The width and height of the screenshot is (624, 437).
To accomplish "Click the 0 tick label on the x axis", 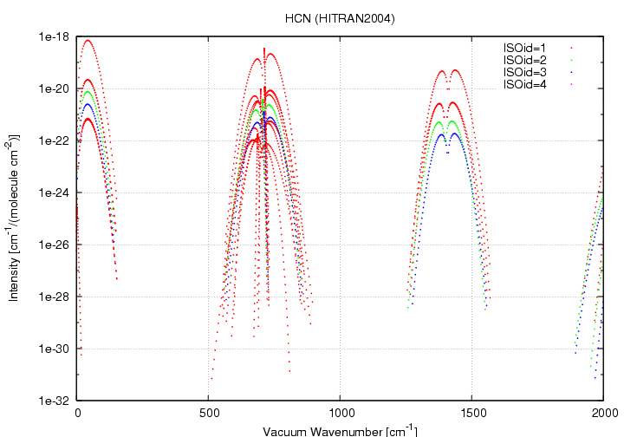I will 78,414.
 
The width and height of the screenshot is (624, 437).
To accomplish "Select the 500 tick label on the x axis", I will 209,414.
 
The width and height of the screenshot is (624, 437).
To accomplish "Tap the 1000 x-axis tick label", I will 341,414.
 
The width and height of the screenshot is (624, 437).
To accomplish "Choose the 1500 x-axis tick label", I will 472,414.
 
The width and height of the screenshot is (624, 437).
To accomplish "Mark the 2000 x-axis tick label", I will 604,414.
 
